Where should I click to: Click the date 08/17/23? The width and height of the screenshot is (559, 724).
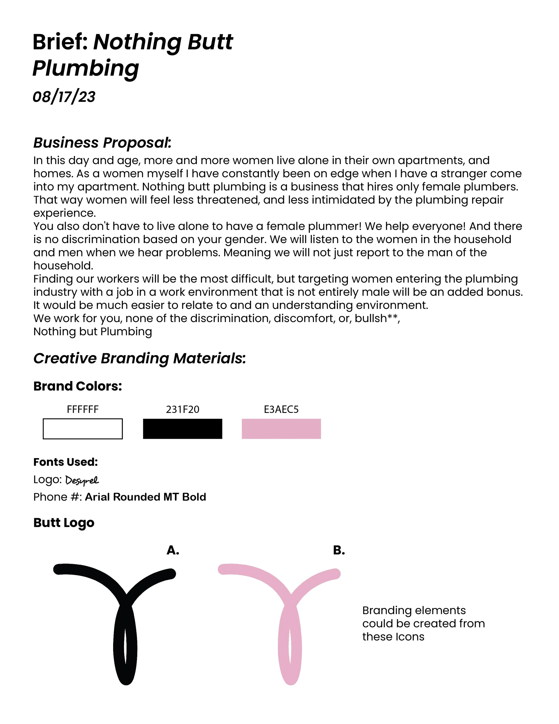point(64,97)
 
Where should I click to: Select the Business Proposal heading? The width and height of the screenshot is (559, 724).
point(102,143)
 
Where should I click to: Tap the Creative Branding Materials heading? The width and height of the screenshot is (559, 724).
point(140,358)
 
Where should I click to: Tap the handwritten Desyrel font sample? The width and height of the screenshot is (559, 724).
point(82,480)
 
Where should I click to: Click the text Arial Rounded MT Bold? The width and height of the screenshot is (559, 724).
point(145,497)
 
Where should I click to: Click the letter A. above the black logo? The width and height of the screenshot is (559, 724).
point(173,550)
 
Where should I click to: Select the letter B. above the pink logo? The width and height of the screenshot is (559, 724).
point(339,550)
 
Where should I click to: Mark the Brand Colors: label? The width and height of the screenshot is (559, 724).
point(78,386)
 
